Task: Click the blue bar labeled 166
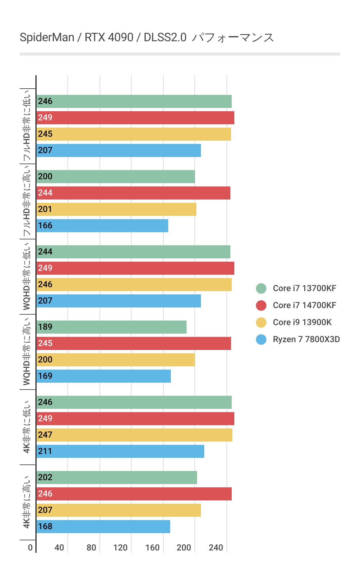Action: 102,226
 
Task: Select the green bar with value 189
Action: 111,327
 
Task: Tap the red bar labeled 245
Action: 134,343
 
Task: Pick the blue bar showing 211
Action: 120,451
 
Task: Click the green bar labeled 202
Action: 117,478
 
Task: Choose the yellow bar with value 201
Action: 116,209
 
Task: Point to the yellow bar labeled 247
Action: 134,435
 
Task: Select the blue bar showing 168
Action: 103,527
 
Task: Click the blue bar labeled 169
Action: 103,376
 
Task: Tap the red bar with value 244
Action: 133,193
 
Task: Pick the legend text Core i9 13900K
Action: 302,322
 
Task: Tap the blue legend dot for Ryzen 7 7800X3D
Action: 261,339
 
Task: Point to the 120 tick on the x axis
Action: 120,548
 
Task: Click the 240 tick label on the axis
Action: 216,548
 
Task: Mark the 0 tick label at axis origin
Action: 30,548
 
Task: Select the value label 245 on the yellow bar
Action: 45,134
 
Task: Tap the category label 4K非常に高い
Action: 27,502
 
